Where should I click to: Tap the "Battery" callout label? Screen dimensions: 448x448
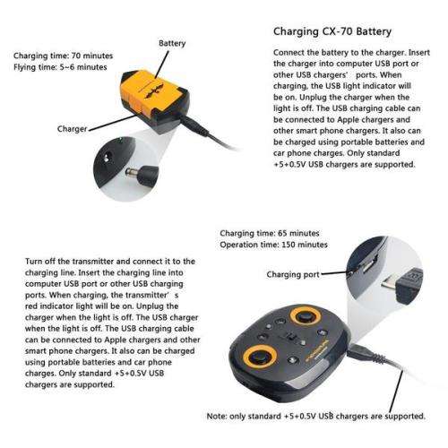172,43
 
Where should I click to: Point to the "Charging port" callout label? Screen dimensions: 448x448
293,272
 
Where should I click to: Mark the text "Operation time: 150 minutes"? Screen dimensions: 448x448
273,245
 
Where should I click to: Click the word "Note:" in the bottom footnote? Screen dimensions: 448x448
219,417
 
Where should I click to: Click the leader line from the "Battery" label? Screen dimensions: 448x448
165,63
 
